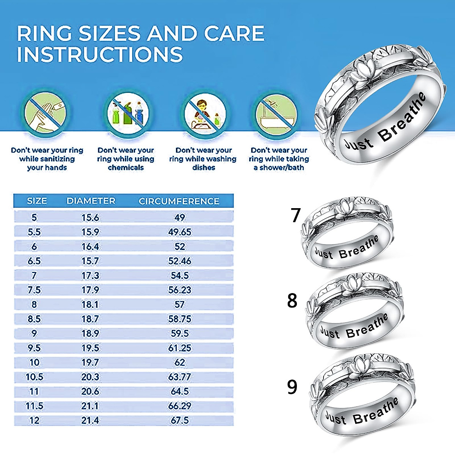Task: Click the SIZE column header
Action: pos(37,201)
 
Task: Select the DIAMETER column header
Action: pos(91,201)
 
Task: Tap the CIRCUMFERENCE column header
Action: pos(179,201)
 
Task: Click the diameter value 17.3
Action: pos(90,276)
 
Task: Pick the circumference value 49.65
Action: pos(180,232)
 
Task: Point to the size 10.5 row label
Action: pos(35,377)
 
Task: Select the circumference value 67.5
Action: pos(180,420)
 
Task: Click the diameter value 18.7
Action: pos(90,319)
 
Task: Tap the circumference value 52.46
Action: pos(180,261)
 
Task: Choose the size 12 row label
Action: pos(35,420)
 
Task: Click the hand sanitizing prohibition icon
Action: pos(46,113)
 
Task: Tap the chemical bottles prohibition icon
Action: pos(127,113)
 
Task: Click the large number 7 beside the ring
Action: pos(296,215)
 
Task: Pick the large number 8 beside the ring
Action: pos(292,301)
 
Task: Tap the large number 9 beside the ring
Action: pos(292,387)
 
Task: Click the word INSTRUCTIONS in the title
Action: pos(100,54)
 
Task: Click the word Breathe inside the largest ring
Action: pos(402,118)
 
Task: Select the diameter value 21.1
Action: pos(90,406)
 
